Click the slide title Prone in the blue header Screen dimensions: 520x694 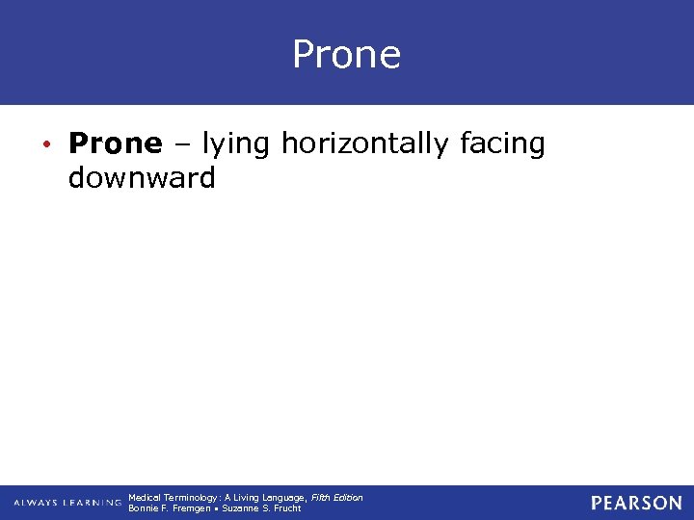346,55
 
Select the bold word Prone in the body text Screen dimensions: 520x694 116,144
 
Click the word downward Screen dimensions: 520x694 142,178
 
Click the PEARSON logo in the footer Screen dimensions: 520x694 636,503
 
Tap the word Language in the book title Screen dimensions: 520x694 280,498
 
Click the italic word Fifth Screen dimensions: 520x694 322,498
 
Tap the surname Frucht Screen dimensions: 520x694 287,508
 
